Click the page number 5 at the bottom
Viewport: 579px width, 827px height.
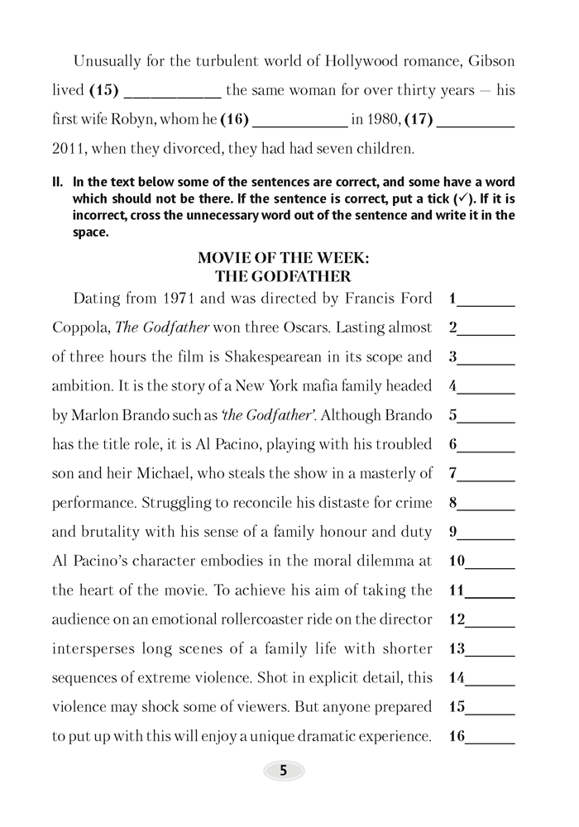pyautogui.click(x=284, y=770)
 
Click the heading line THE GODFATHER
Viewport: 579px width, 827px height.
pyautogui.click(x=283, y=275)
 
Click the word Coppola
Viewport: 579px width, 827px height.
pyautogui.click(x=79, y=327)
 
